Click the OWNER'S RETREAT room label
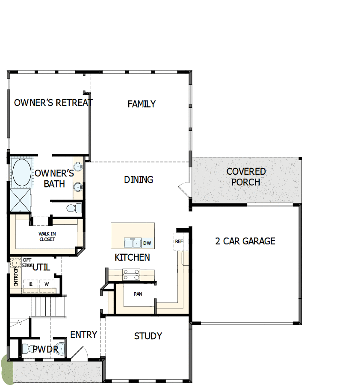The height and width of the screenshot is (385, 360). [53, 103]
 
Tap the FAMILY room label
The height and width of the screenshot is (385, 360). [142, 104]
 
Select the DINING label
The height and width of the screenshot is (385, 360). [139, 179]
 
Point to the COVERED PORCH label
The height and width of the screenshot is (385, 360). [246, 176]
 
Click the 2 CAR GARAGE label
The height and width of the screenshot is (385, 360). [245, 241]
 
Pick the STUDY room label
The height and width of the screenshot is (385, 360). [148, 336]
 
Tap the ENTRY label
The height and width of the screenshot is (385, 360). [83, 335]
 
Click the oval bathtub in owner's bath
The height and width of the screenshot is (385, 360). [22, 172]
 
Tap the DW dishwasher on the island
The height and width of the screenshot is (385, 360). [147, 243]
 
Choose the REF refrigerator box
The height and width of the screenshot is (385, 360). [179, 241]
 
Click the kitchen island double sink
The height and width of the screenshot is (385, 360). [132, 243]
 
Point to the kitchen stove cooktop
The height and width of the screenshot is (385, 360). [131, 275]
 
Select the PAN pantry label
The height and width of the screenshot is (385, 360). [138, 294]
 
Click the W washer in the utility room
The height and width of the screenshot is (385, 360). [46, 284]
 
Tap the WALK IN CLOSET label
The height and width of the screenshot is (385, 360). [47, 236]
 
